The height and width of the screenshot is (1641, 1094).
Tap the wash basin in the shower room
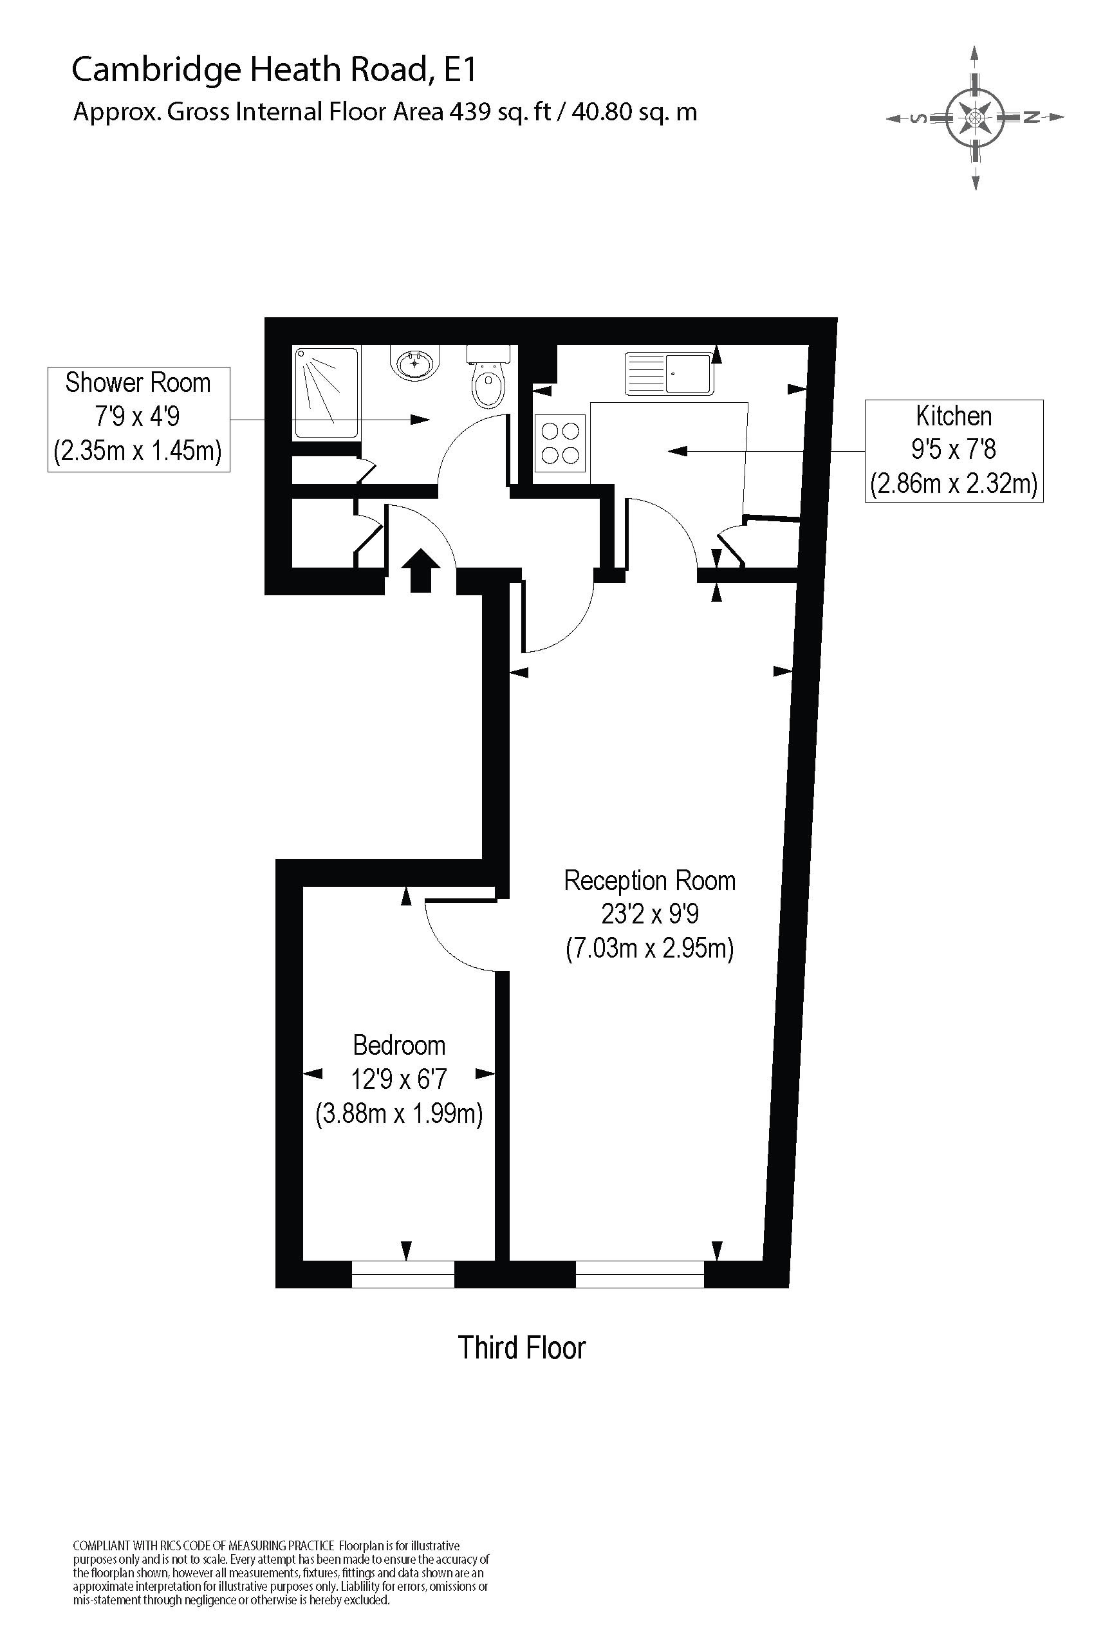(x=416, y=363)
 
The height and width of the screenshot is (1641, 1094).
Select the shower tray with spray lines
(x=326, y=393)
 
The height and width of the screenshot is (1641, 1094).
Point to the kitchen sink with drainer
(x=669, y=373)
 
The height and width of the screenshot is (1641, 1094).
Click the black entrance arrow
(x=420, y=570)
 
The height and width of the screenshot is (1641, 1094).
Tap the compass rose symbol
(x=975, y=117)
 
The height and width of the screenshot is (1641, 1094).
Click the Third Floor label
(x=521, y=1348)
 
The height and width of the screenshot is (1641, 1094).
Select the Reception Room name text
(x=649, y=880)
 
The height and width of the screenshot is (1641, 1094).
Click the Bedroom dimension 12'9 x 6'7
(x=398, y=1079)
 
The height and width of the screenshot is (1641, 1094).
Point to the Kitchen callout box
(x=953, y=450)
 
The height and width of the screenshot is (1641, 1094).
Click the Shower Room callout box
(x=138, y=419)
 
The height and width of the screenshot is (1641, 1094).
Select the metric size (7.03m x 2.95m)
(x=649, y=949)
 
